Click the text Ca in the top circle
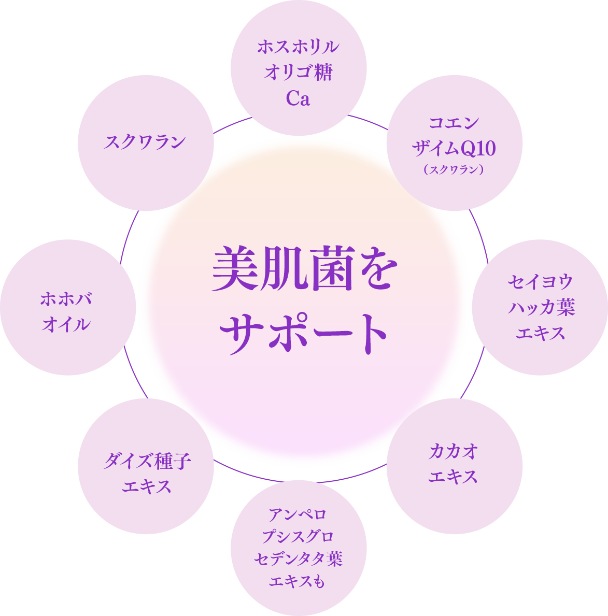[x=298, y=98]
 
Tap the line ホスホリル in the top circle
[x=298, y=47]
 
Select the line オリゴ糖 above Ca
[x=298, y=73]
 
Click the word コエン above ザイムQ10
[x=454, y=123]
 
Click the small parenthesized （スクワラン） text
[x=454, y=169]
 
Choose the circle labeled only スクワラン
[x=145, y=142]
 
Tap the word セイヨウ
[x=540, y=282]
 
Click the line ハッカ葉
[x=540, y=308]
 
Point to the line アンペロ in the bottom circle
[x=298, y=515]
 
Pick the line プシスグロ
[x=298, y=537]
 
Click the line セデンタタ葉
[x=298, y=559]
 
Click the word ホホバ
[x=66, y=299]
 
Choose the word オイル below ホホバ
[x=66, y=325]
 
